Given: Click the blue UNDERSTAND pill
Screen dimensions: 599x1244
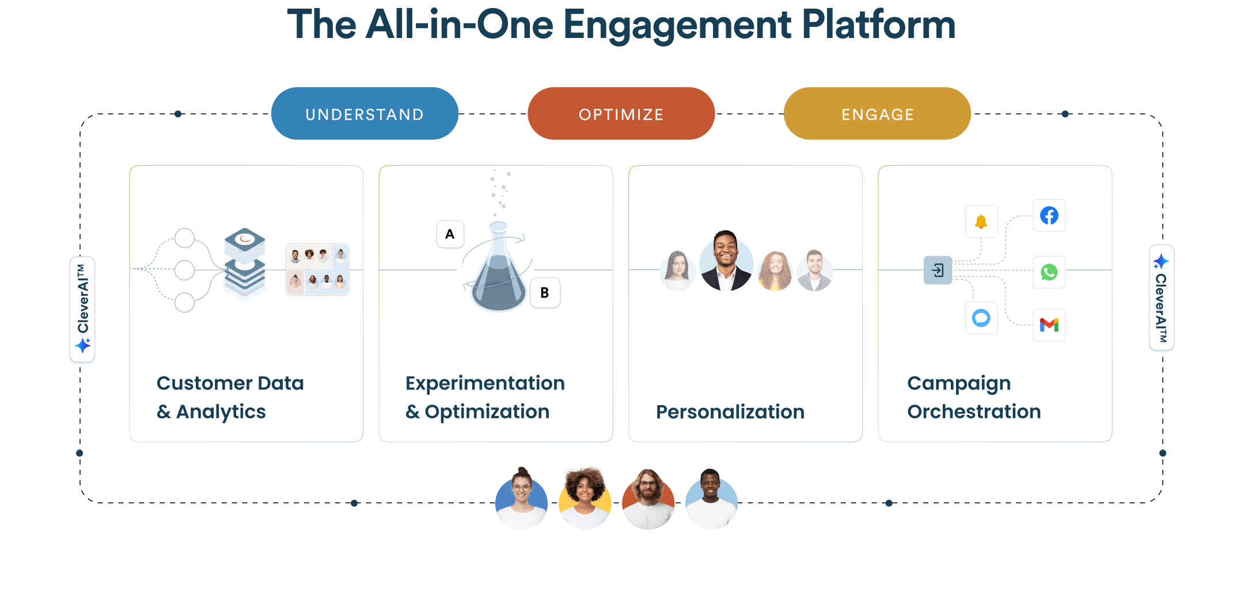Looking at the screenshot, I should (365, 114).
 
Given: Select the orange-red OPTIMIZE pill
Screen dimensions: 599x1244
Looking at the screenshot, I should (621, 114).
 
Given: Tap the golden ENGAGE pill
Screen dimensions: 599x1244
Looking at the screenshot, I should (877, 114).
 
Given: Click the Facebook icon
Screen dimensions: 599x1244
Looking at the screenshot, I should (1049, 216).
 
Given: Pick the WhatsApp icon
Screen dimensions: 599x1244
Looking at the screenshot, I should (1049, 272).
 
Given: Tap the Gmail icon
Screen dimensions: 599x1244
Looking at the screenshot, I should (1049, 325).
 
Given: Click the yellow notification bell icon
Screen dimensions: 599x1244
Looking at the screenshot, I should (981, 222).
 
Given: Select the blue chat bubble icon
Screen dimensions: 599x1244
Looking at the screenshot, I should (981, 318).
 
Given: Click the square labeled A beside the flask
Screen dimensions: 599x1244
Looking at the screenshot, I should (450, 234).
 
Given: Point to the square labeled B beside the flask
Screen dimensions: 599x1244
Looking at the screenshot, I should (544, 293).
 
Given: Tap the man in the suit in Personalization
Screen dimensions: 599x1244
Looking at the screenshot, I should (726, 261).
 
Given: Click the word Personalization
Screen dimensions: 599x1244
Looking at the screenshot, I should (730, 412).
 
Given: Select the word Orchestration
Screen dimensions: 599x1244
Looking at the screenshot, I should (973, 412).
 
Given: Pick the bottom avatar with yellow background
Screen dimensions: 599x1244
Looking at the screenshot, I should (585, 498).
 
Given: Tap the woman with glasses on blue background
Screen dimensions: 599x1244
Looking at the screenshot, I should (521, 498).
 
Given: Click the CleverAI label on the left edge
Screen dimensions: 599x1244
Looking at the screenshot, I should (82, 308).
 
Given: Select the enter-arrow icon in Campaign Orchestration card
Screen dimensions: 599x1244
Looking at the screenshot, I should (938, 270).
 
